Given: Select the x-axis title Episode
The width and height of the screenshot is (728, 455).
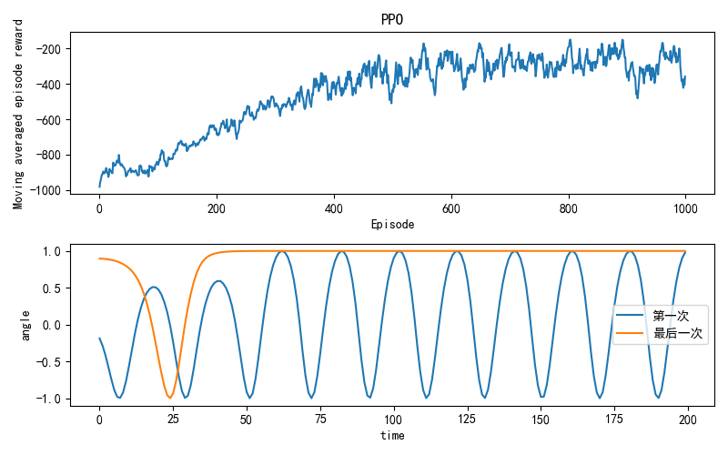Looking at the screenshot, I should click(x=392, y=224).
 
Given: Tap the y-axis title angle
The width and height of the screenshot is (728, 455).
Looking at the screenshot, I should click(x=25, y=325).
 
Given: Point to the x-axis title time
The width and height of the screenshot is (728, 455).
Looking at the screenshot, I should click(x=392, y=435).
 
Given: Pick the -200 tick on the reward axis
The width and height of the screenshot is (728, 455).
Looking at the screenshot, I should click(x=53, y=49).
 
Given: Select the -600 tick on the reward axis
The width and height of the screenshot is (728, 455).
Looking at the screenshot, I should click(x=53, y=120).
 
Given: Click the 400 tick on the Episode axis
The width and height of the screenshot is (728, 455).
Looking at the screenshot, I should click(x=334, y=208).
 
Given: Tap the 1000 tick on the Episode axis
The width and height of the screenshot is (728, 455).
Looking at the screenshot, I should click(x=685, y=208).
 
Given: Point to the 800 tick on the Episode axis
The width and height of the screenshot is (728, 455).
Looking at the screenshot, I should click(x=569, y=208).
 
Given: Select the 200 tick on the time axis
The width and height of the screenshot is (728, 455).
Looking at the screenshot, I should click(x=688, y=420).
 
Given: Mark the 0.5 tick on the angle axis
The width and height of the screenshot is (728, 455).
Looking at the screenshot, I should click(x=53, y=288).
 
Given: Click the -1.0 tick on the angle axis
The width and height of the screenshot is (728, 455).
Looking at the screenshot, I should click(x=49, y=399).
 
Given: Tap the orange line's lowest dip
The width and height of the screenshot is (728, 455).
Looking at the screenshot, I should click(x=169, y=398).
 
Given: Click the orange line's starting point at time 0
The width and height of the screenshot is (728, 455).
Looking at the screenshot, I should click(x=99, y=258).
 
